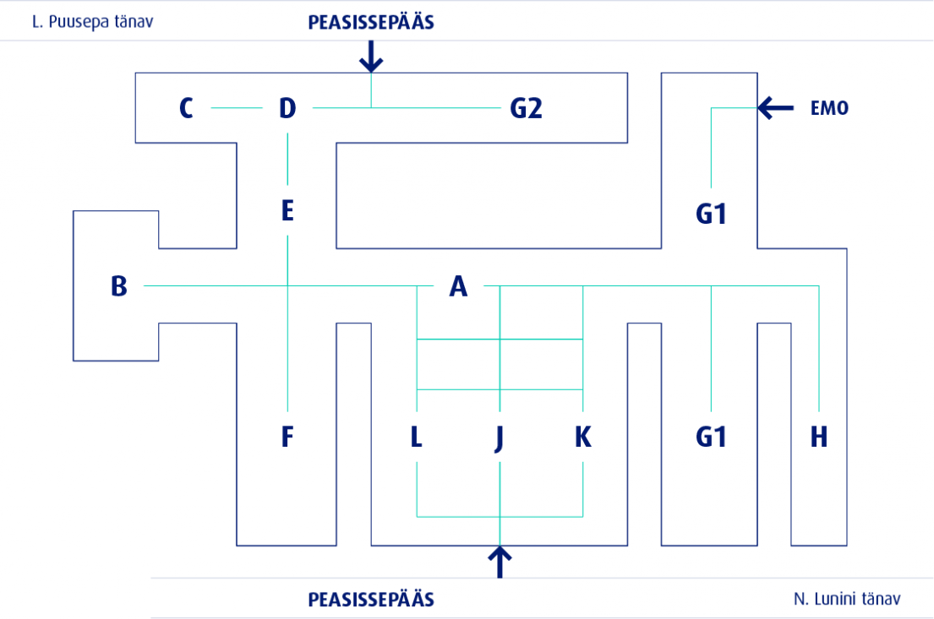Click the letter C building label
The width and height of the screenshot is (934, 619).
pos(186,108)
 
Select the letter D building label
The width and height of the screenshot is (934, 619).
pos(287,108)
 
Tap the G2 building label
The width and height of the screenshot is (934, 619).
pos(526,108)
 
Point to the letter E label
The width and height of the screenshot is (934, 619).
pos(287,211)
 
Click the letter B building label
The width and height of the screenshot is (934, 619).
pos(119,286)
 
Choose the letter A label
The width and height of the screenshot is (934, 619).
pos(458,286)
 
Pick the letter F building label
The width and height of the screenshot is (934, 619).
pos(287,437)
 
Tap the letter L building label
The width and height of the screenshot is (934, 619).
pos(417,437)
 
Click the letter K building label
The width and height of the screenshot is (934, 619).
pos(583,437)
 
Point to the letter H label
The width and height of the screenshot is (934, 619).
pos(819,437)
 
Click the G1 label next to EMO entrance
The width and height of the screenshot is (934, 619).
pos(711,214)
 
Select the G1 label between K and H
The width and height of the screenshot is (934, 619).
pos(711,437)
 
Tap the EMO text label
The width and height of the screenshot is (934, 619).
pos(829,108)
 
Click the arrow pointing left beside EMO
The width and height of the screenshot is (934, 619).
pos(776,108)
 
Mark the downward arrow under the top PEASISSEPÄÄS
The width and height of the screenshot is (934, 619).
pos(371,57)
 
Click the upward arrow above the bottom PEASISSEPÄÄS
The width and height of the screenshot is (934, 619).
pos(500,562)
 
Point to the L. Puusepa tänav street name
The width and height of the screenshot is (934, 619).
pos(92,22)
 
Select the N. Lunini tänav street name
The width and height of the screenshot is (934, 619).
pos(847,599)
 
